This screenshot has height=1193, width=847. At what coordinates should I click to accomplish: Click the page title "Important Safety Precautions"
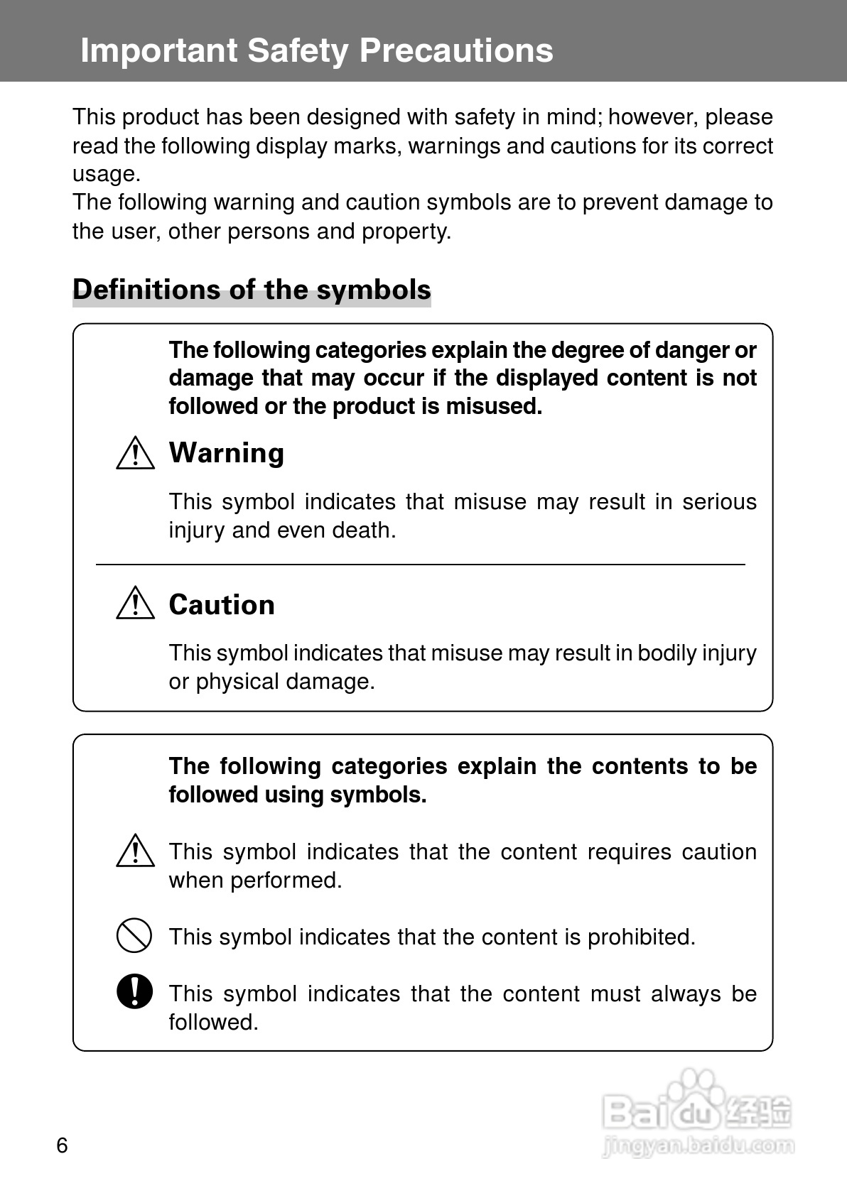pos(316,50)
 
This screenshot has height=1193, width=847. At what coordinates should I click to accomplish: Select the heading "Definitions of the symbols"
pos(252,290)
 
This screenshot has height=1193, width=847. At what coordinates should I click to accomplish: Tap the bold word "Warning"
pos(226,453)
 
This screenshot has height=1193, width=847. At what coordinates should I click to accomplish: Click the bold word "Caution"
pos(222,605)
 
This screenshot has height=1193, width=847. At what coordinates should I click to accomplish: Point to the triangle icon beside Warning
pos(135,454)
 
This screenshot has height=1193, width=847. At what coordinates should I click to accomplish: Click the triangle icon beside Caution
pos(135,605)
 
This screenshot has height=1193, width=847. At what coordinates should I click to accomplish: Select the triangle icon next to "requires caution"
pos(135,851)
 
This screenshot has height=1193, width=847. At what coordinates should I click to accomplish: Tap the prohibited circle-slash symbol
pos(134,935)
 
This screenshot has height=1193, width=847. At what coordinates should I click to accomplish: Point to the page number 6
pos(62,1145)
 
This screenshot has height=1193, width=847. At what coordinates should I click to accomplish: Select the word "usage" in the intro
pos(105,175)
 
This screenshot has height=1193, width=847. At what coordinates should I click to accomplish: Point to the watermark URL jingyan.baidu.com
pos(698,1145)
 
